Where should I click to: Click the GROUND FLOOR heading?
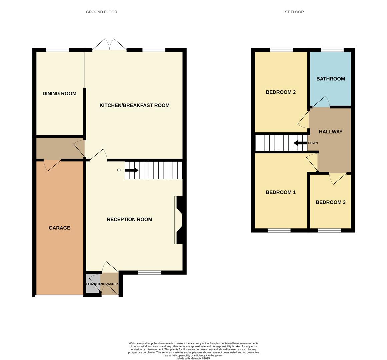101,12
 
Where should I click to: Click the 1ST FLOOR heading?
293,12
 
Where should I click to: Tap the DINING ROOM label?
59,94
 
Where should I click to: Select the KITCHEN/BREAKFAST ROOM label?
134,105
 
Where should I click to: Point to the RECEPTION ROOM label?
129,219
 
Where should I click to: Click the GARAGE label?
59,228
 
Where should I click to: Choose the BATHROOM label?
330,79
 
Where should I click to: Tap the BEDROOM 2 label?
281,92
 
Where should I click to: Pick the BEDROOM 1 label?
281,192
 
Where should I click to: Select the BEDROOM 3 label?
330,202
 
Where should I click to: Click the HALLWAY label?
330,132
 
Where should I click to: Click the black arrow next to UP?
131,170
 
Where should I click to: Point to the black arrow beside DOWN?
300,143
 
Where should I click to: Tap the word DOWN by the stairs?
313,143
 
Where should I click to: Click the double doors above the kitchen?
109,45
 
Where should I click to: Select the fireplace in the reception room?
179,220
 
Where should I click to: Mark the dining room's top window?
58,50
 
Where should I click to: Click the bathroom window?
332,50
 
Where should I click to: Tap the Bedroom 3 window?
329,230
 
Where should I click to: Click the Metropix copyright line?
193,358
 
